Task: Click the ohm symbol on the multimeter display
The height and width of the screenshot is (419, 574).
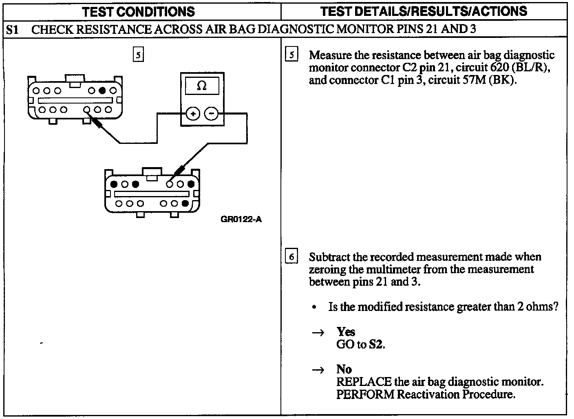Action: tap(202, 86)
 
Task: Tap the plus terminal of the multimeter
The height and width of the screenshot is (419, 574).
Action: tap(192, 114)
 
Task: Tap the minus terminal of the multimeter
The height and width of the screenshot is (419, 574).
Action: tap(211, 114)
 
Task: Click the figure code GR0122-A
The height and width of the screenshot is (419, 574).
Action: tap(241, 220)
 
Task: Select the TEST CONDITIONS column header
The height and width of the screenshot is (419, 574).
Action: tap(139, 11)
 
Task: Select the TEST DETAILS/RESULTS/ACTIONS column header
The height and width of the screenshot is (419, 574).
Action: tap(424, 11)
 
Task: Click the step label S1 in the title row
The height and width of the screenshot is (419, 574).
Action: tap(13, 29)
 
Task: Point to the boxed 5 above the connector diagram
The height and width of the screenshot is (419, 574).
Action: tap(139, 55)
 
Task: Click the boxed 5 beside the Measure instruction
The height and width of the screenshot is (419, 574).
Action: tap(291, 55)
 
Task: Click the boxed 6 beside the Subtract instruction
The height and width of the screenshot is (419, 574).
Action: tap(291, 257)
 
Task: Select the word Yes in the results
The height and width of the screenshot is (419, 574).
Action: tap(346, 332)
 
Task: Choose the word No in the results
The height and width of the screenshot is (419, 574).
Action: tap(344, 369)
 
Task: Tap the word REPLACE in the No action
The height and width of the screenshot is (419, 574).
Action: tap(364, 382)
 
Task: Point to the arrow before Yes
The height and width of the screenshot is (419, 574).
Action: tap(318, 333)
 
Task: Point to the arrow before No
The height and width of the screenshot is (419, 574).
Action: tap(318, 370)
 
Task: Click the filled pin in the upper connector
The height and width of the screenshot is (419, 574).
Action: tap(102, 90)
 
